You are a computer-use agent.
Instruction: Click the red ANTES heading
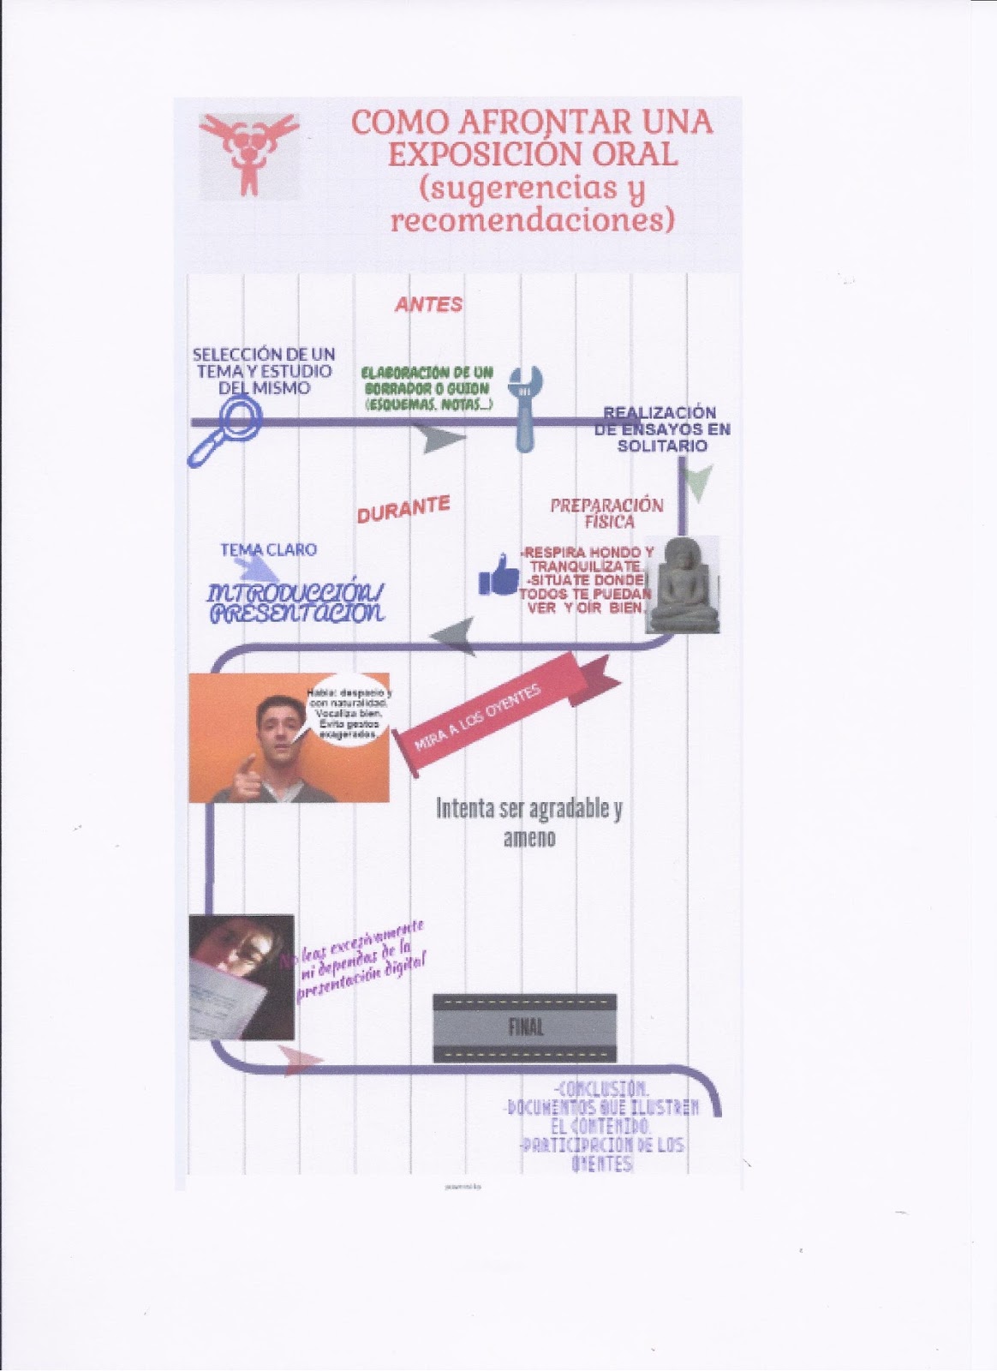coord(428,304)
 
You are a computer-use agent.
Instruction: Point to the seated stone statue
coord(683,585)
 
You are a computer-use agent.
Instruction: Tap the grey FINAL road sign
coord(524,1027)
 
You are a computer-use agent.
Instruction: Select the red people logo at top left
coord(248,153)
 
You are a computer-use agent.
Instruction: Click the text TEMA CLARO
coord(268,549)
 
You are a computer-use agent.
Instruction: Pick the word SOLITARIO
coord(662,446)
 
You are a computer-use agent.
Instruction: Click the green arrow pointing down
coord(700,482)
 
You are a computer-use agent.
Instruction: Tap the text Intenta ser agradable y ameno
coord(529,822)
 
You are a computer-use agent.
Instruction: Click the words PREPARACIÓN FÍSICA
coord(606,513)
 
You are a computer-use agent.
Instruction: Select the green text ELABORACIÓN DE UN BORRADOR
coord(427,380)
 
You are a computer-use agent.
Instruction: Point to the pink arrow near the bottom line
coord(300,1059)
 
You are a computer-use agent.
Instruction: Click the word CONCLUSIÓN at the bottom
coord(601,1089)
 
